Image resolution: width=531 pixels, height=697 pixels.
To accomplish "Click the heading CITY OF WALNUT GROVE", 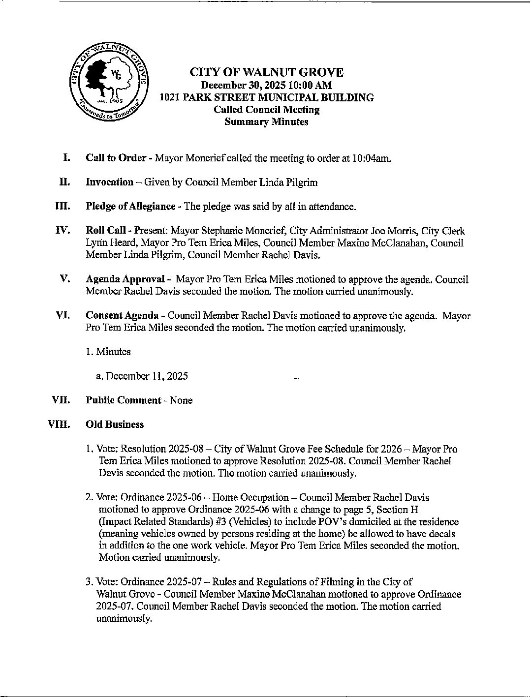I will click(266, 73).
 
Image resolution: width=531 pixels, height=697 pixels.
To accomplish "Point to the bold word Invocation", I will click(109, 182).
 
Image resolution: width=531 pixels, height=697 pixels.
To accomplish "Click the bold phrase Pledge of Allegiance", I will click(130, 207).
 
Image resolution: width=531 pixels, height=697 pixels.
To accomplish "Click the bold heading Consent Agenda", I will click(122, 316).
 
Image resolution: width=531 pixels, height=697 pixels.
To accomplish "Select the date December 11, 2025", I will click(147, 376).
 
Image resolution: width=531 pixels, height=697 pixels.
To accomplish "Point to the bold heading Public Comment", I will click(123, 400).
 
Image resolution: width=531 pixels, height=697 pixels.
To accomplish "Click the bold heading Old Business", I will click(115, 424).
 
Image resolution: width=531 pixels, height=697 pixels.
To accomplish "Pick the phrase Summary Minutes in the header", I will click(266, 122).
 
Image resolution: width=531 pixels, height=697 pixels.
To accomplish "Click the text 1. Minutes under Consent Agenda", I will click(108, 352).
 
